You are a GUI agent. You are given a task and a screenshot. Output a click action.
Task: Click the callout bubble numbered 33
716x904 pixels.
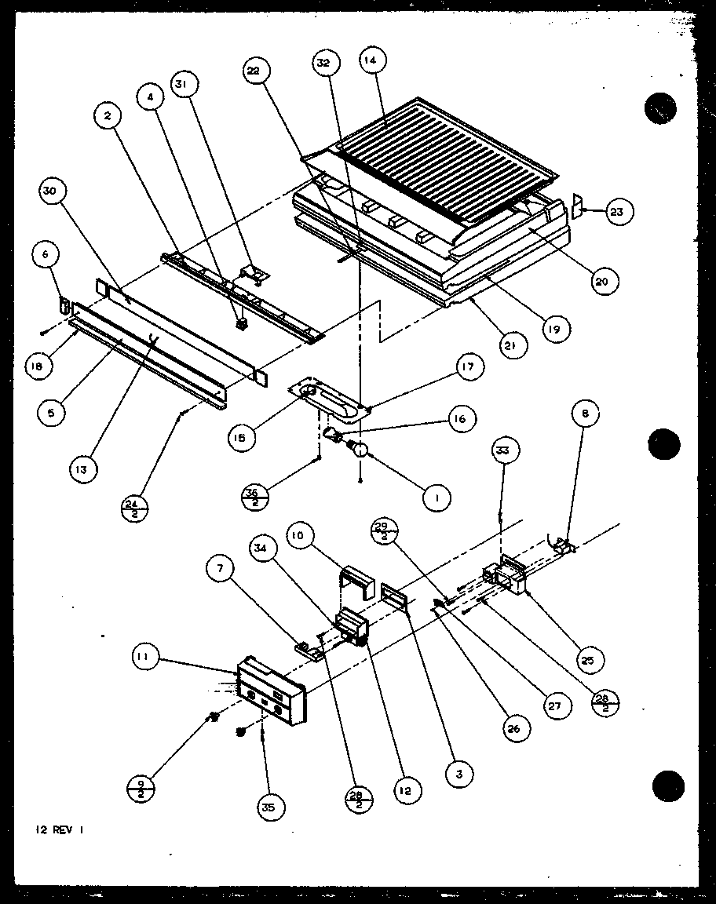pyautogui.click(x=502, y=452)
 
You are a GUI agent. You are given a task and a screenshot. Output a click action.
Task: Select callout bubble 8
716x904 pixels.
pyautogui.click(x=588, y=414)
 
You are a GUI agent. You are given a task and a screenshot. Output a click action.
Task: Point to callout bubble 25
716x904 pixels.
pyautogui.click(x=587, y=660)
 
